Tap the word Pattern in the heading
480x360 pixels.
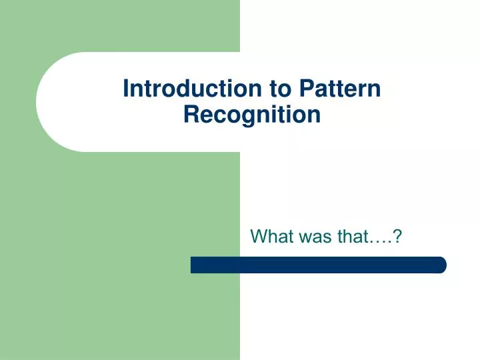340,89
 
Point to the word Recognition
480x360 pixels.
252,115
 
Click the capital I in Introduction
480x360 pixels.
127,89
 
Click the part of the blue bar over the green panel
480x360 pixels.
215,265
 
